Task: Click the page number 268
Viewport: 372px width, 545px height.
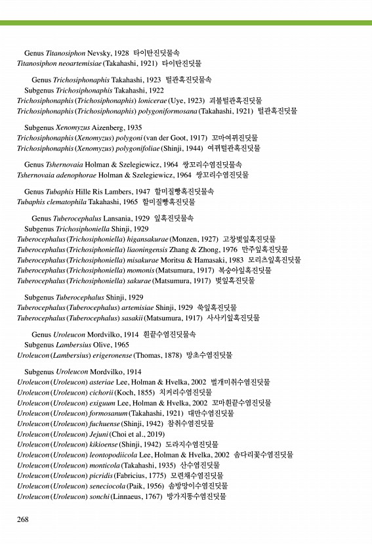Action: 23,519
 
